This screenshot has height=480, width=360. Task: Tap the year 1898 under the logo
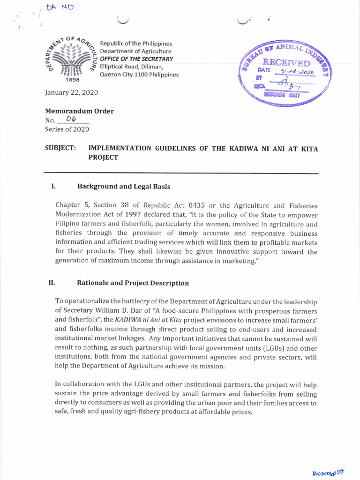[68, 80]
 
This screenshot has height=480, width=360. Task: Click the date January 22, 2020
[71, 92]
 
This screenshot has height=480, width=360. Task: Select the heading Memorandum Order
[79, 111]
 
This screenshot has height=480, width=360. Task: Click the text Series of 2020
[67, 129]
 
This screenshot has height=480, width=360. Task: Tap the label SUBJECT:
[60, 148]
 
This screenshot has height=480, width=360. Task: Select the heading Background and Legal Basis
[123, 186]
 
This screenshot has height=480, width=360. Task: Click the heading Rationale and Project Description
[133, 283]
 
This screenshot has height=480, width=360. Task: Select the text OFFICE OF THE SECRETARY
[140, 59]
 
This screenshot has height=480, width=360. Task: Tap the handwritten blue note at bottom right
[331, 471]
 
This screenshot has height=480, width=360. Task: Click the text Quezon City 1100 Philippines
[142, 75]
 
